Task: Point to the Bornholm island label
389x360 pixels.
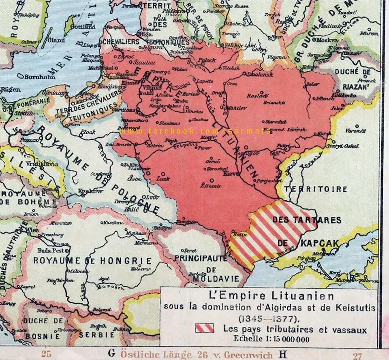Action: click(40, 77)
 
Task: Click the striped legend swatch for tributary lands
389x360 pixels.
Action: click(205, 328)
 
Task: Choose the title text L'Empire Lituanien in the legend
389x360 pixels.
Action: click(270, 296)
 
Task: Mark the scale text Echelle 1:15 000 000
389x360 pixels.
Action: click(271, 339)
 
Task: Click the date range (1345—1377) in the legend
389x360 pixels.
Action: click(269, 318)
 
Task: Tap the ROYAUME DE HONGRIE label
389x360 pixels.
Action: click(92, 261)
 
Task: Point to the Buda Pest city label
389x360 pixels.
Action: click(48, 251)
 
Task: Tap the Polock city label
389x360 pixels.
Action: click(207, 60)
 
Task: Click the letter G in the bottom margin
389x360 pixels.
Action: click(111, 353)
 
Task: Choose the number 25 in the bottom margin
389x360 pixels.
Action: click(46, 354)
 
